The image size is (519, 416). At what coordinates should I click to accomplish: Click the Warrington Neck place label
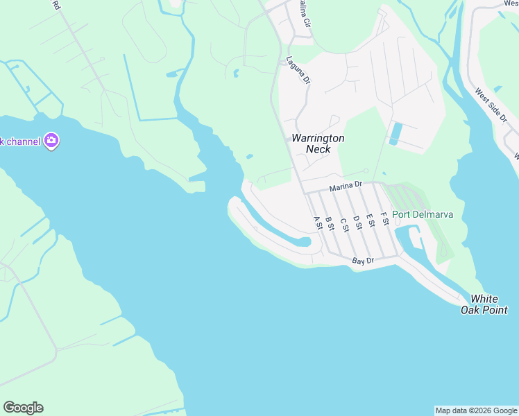tap(318, 144)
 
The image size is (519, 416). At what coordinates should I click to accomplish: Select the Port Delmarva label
tap(423, 214)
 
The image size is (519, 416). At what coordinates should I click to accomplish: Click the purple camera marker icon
tap(51, 141)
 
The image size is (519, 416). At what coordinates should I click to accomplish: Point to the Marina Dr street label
tap(346, 186)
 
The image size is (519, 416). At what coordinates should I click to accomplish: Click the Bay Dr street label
tap(363, 261)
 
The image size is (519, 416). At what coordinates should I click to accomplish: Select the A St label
tap(318, 223)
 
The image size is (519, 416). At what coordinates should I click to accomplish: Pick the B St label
tap(330, 223)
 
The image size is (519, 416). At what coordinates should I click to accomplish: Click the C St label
tap(343, 223)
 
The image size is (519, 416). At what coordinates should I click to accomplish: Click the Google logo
tap(23, 408)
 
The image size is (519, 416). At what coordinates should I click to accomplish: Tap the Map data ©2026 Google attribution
tap(476, 410)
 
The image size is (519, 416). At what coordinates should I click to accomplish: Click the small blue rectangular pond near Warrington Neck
tap(395, 133)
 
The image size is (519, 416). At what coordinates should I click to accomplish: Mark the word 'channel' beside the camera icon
tap(22, 141)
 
